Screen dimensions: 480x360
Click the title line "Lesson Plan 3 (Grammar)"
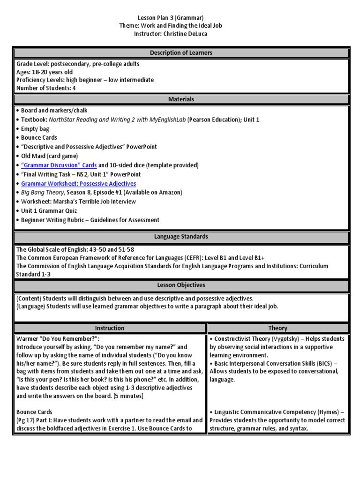pos(180,18)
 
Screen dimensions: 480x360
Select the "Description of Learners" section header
pos(181,53)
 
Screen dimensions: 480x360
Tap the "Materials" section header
pos(181,99)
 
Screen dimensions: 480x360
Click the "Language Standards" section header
pos(181,237)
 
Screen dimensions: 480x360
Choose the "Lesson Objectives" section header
pos(181,285)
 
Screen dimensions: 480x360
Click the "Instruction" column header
pos(110,328)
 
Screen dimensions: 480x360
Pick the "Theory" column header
pos(278,328)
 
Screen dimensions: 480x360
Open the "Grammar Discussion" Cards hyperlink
pos(59,165)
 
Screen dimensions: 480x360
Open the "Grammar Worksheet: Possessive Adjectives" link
pos(78,183)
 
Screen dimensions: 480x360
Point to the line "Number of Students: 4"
pos(46,88)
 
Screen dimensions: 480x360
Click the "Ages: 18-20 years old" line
pos(45,72)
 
